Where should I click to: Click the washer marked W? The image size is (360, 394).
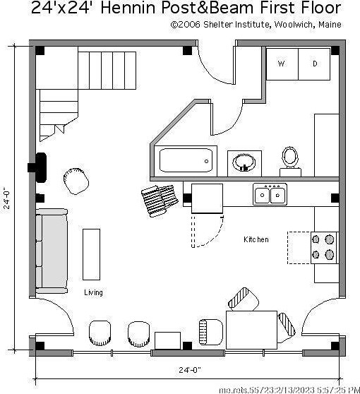pos(282,64)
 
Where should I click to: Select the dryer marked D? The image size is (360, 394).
pos(314,64)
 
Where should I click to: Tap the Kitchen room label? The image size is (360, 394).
pos(256,239)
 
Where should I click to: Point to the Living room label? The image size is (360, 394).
pos(93,292)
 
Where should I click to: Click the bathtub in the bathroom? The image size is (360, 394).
pos(186,160)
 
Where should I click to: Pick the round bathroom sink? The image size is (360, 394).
pos(244,162)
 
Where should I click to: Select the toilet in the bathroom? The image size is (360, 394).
pos(290,162)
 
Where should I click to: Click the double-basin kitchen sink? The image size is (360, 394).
pos(270,194)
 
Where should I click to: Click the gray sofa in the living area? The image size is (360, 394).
pos(52,251)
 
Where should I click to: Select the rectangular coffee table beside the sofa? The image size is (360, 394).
pos(92,254)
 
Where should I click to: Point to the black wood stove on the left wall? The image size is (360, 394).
pos(37,167)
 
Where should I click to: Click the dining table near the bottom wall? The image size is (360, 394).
pos(251,330)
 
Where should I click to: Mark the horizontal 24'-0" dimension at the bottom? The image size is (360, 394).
pos(190,370)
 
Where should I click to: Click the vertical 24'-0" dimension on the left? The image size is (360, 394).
pos(7,200)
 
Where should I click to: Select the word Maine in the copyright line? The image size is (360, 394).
pos(330,25)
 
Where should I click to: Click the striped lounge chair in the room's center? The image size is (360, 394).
pos(160,201)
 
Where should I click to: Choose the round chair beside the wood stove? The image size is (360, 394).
pos(76,181)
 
